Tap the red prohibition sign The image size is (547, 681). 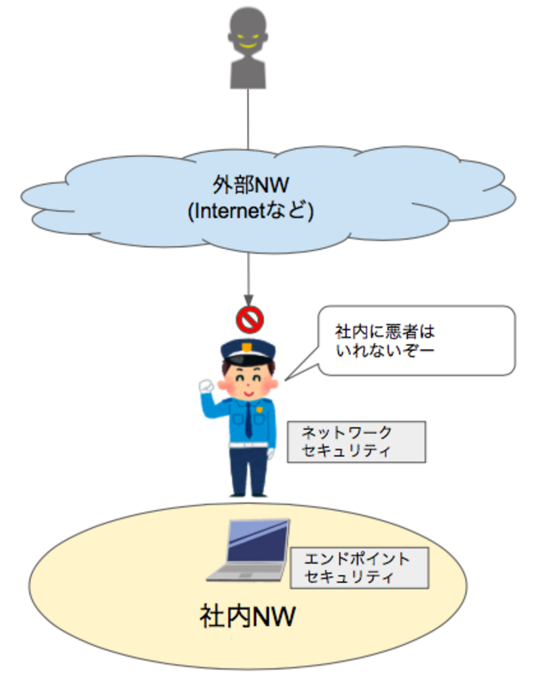pyautogui.click(x=250, y=320)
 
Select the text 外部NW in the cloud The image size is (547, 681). pyautogui.click(x=251, y=185)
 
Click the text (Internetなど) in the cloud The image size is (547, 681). pyautogui.click(x=251, y=211)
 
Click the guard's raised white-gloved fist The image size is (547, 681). pyautogui.click(x=206, y=385)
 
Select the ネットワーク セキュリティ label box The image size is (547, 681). pyautogui.click(x=356, y=442)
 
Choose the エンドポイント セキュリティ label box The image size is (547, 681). pyautogui.click(x=359, y=568)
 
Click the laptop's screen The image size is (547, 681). pyautogui.click(x=258, y=541)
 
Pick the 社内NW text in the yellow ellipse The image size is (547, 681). pyautogui.click(x=247, y=617)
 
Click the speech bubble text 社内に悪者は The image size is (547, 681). pyautogui.click(x=385, y=332)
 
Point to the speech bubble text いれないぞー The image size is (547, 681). pyautogui.click(x=385, y=350)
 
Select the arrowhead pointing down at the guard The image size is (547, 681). pyautogui.click(x=248, y=300)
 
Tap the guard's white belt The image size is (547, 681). pyautogui.click(x=248, y=444)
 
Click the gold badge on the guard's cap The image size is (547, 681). pyautogui.click(x=247, y=347)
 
